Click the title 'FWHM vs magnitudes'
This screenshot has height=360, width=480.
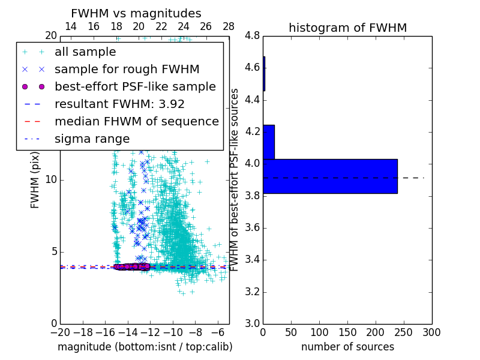click(x=136, y=13)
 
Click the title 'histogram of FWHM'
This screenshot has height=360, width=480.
click(x=347, y=28)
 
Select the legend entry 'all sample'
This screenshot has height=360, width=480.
click(x=85, y=52)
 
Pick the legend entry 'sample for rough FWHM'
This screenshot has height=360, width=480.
click(x=127, y=70)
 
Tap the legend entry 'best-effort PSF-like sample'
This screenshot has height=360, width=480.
click(x=135, y=87)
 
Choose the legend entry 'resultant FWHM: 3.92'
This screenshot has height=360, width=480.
click(x=119, y=104)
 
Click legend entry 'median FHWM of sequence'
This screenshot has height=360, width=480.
click(x=136, y=122)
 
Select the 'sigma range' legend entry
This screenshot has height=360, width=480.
click(x=92, y=139)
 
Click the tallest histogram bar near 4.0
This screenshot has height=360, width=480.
click(x=330, y=176)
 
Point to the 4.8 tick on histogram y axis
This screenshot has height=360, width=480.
click(x=252, y=36)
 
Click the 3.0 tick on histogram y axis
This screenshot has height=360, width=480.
click(x=252, y=324)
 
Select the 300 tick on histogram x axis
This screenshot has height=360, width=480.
click(x=432, y=332)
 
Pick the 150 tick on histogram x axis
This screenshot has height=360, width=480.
click(x=347, y=332)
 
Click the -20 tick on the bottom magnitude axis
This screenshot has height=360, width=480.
click(x=60, y=332)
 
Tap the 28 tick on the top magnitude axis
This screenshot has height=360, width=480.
click(x=229, y=26)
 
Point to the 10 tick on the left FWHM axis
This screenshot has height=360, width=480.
click(x=51, y=180)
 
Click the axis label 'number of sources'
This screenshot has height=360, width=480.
click(x=347, y=347)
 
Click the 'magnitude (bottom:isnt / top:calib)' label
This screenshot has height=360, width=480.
click(x=145, y=347)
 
